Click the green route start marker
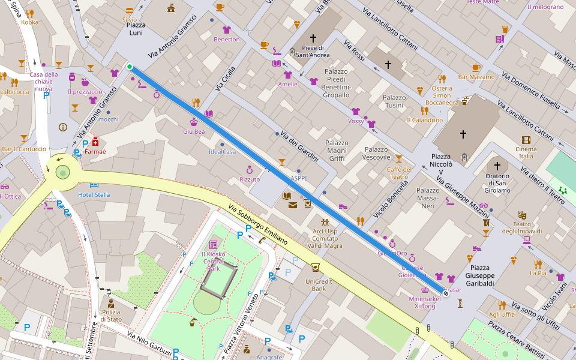(130, 67)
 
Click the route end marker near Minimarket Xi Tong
(446, 293)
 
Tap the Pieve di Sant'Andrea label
(313, 52)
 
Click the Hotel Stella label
(94, 194)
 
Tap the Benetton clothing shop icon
(226, 29)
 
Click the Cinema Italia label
(526, 152)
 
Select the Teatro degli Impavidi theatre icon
(522, 214)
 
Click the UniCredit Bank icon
(316, 268)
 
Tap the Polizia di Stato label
(110, 316)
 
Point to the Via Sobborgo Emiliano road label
(258, 225)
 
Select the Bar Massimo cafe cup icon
(476, 67)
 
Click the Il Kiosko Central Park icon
(214, 245)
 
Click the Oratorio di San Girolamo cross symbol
(497, 166)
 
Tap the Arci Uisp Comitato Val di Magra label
(325, 238)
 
